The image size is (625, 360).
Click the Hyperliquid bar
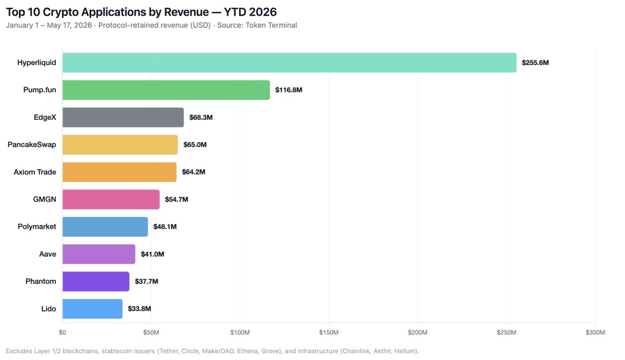coord(290,63)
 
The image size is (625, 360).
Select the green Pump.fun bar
coord(166,90)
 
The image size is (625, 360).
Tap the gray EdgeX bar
coord(123,117)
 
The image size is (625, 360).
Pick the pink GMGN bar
coord(111,199)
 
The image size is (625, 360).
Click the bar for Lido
coord(92,308)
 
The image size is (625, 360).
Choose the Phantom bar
coord(96,281)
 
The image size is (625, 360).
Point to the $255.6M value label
coord(535,63)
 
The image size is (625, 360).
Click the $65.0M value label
coord(195,144)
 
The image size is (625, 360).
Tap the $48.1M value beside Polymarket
coord(165,227)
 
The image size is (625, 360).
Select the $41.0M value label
coord(152,254)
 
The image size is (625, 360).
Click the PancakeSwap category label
coord(32,144)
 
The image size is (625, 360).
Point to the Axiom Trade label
coord(35,172)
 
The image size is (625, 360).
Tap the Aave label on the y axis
coord(47,254)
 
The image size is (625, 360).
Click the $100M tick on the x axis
coord(240,332)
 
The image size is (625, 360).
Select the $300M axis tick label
coord(595,332)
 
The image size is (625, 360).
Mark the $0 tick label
coord(62,332)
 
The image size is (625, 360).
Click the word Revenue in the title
coord(186,12)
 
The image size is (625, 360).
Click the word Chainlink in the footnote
coord(355,351)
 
